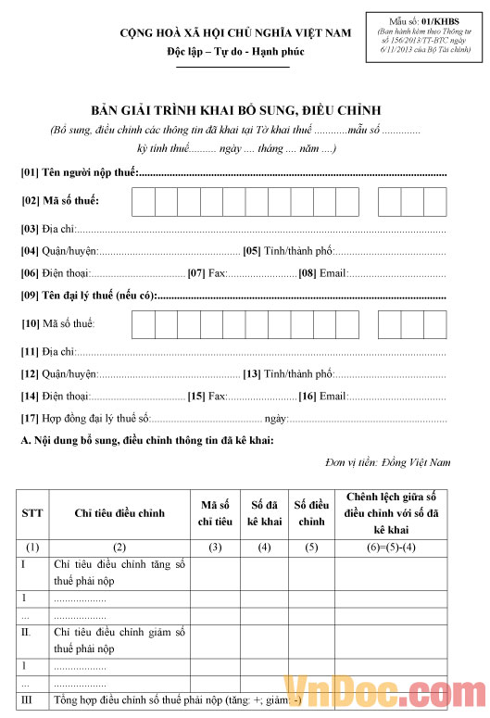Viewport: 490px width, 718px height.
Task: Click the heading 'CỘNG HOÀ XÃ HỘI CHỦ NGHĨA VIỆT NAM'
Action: [x=236, y=33]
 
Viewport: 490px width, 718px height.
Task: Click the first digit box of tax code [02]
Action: [x=144, y=201]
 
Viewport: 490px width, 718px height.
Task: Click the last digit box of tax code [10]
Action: [x=435, y=324]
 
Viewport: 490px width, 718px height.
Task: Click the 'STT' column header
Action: [x=31, y=513]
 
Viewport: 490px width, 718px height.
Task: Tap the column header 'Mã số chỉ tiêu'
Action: [x=215, y=513]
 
